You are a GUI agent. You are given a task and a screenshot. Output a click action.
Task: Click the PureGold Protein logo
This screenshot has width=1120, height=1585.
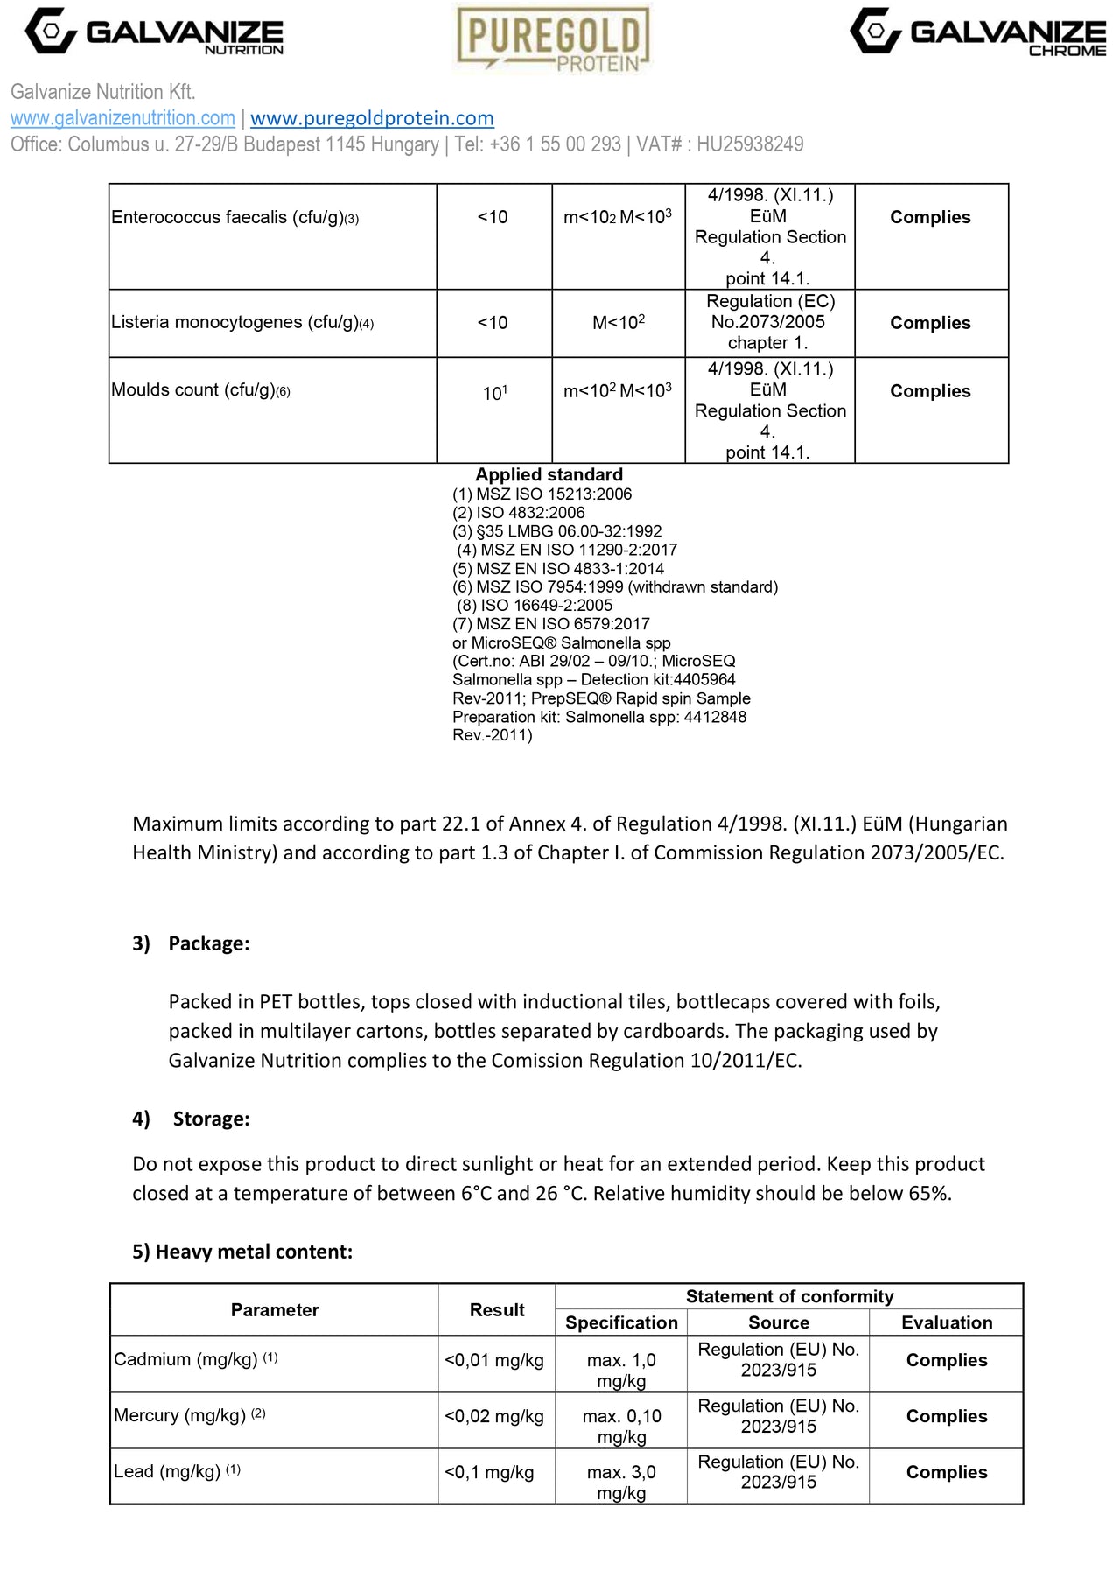pyautogui.click(x=553, y=39)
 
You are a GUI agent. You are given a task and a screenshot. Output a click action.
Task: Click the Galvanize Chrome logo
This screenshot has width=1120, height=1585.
pyautogui.click(x=977, y=32)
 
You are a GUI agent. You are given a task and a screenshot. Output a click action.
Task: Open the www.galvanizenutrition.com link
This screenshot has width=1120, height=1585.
pyautogui.click(x=122, y=118)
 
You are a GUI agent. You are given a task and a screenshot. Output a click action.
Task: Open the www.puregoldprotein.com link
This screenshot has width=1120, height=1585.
pyautogui.click(x=372, y=118)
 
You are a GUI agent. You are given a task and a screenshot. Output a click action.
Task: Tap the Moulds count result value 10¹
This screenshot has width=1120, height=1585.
pyautogui.click(x=494, y=393)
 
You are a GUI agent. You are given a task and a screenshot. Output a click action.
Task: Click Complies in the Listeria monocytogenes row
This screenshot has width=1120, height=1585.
pyautogui.click(x=930, y=323)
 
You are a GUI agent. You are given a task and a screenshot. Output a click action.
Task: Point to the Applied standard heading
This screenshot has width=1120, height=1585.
pyautogui.click(x=549, y=474)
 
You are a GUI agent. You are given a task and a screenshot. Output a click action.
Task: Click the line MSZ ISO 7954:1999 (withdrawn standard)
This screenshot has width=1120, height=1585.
pyautogui.click(x=614, y=586)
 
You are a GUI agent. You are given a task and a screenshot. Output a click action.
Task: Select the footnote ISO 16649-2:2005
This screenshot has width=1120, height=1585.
pyautogui.click(x=535, y=605)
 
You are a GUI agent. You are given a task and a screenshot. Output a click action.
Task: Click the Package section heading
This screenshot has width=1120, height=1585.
pyautogui.click(x=208, y=943)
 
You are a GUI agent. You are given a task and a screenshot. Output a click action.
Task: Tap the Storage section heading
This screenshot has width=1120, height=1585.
pyautogui.click(x=211, y=1119)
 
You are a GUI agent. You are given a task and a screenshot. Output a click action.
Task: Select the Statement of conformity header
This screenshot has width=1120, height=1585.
pyautogui.click(x=789, y=1296)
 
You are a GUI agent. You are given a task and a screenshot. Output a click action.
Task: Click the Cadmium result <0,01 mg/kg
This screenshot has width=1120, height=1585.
pyautogui.click(x=494, y=1360)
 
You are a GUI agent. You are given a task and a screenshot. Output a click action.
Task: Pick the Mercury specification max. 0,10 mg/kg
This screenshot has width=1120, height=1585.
pyautogui.click(x=621, y=1426)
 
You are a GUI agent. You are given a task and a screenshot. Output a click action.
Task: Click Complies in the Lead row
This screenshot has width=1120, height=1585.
pyautogui.click(x=946, y=1472)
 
